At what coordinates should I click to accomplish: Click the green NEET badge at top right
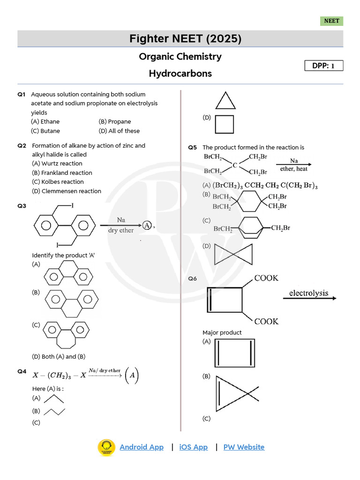pyautogui.click(x=332, y=21)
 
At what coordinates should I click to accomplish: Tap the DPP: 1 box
pyautogui.click(x=324, y=66)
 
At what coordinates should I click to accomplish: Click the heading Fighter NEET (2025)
pyautogui.click(x=185, y=39)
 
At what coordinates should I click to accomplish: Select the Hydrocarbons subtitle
pyautogui.click(x=180, y=74)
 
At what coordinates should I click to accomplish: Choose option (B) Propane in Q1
pyautogui.click(x=115, y=121)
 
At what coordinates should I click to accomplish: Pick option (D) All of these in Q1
pyautogui.click(x=119, y=131)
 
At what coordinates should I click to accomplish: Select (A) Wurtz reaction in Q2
pyautogui.click(x=57, y=164)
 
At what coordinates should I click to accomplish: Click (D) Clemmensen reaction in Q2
pyautogui.click(x=67, y=191)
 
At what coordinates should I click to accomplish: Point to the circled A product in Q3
pyautogui.click(x=148, y=225)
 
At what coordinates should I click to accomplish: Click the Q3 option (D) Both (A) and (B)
pyautogui.click(x=59, y=356)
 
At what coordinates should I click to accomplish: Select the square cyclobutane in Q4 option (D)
pyautogui.click(x=224, y=124)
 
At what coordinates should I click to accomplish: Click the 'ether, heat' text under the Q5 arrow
pyautogui.click(x=294, y=169)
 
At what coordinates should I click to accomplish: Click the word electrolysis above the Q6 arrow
pyautogui.click(x=308, y=293)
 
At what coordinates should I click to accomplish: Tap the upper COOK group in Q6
pyautogui.click(x=266, y=278)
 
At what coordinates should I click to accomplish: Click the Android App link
pyautogui.click(x=142, y=447)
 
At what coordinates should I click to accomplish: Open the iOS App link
pyautogui.click(x=193, y=447)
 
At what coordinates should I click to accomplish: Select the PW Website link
pyautogui.click(x=244, y=447)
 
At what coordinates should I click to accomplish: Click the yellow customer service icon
pyautogui.click(x=106, y=448)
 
